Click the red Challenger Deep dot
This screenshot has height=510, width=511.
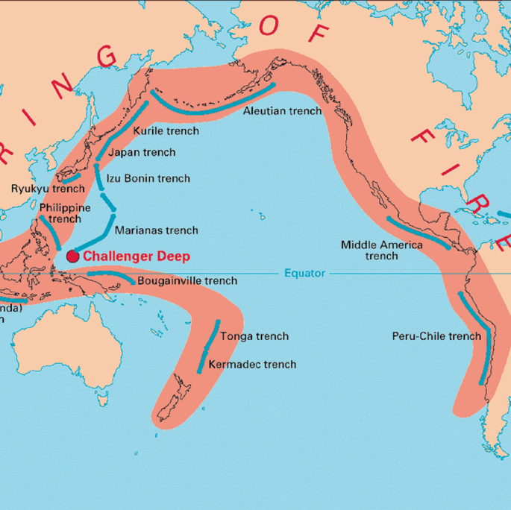[x=72, y=256]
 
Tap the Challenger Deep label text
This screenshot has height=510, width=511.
[x=136, y=256]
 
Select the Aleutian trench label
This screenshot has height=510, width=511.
[x=283, y=111]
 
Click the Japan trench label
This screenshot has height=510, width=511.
[x=142, y=152]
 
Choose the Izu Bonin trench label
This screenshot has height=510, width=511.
[x=148, y=178]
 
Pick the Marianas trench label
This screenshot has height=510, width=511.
[x=156, y=230]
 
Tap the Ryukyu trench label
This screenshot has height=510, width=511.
[x=48, y=188]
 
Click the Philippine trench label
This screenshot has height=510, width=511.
[x=65, y=213]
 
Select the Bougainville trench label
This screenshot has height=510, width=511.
[x=187, y=281]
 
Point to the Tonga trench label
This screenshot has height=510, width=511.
[x=254, y=336]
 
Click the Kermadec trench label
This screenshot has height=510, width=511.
[x=252, y=365]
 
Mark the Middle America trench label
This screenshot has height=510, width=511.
[x=381, y=250]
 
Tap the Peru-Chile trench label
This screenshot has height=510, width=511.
[x=436, y=336]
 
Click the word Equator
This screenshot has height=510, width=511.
[x=304, y=274]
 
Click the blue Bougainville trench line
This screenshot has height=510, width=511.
[x=112, y=275]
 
